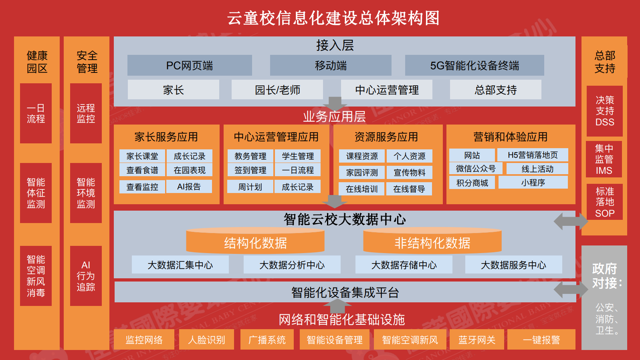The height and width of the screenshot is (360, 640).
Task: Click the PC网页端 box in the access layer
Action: [x=190, y=65]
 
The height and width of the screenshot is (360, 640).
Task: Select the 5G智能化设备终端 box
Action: [x=474, y=65]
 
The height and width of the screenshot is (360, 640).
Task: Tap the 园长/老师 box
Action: [x=277, y=90]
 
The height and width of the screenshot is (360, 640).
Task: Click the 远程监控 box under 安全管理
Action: [x=86, y=113]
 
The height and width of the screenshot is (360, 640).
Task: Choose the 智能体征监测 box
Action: [x=36, y=193]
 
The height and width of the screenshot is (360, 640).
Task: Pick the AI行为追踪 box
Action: [x=86, y=276]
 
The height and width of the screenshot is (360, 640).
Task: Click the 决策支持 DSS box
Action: [x=605, y=111]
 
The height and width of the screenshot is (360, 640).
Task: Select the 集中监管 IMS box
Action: [x=604, y=159]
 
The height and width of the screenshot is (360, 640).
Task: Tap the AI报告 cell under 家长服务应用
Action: [x=189, y=187]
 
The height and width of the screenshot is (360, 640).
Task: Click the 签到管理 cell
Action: [x=250, y=170]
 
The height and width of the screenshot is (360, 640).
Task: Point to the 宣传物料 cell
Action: [x=410, y=173]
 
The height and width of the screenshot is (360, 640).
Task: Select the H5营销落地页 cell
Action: [x=533, y=155]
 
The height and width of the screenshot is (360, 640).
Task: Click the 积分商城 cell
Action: [x=472, y=183]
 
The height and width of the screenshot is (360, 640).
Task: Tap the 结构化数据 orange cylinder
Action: [x=255, y=241]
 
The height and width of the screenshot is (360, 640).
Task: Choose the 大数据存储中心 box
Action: [x=404, y=265]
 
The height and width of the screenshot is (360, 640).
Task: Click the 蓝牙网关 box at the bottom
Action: [x=477, y=340]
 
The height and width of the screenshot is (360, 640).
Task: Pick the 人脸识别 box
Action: [x=206, y=340]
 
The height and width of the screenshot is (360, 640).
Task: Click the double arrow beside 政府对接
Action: [x=571, y=290]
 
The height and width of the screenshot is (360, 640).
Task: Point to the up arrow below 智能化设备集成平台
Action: [x=337, y=306]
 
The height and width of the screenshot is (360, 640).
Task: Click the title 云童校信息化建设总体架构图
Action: [x=333, y=18]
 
